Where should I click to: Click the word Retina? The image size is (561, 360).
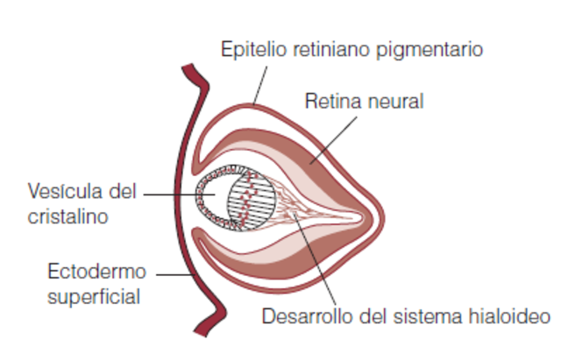329,102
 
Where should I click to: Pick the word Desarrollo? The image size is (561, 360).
302,316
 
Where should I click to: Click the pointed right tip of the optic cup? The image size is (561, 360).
381,213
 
